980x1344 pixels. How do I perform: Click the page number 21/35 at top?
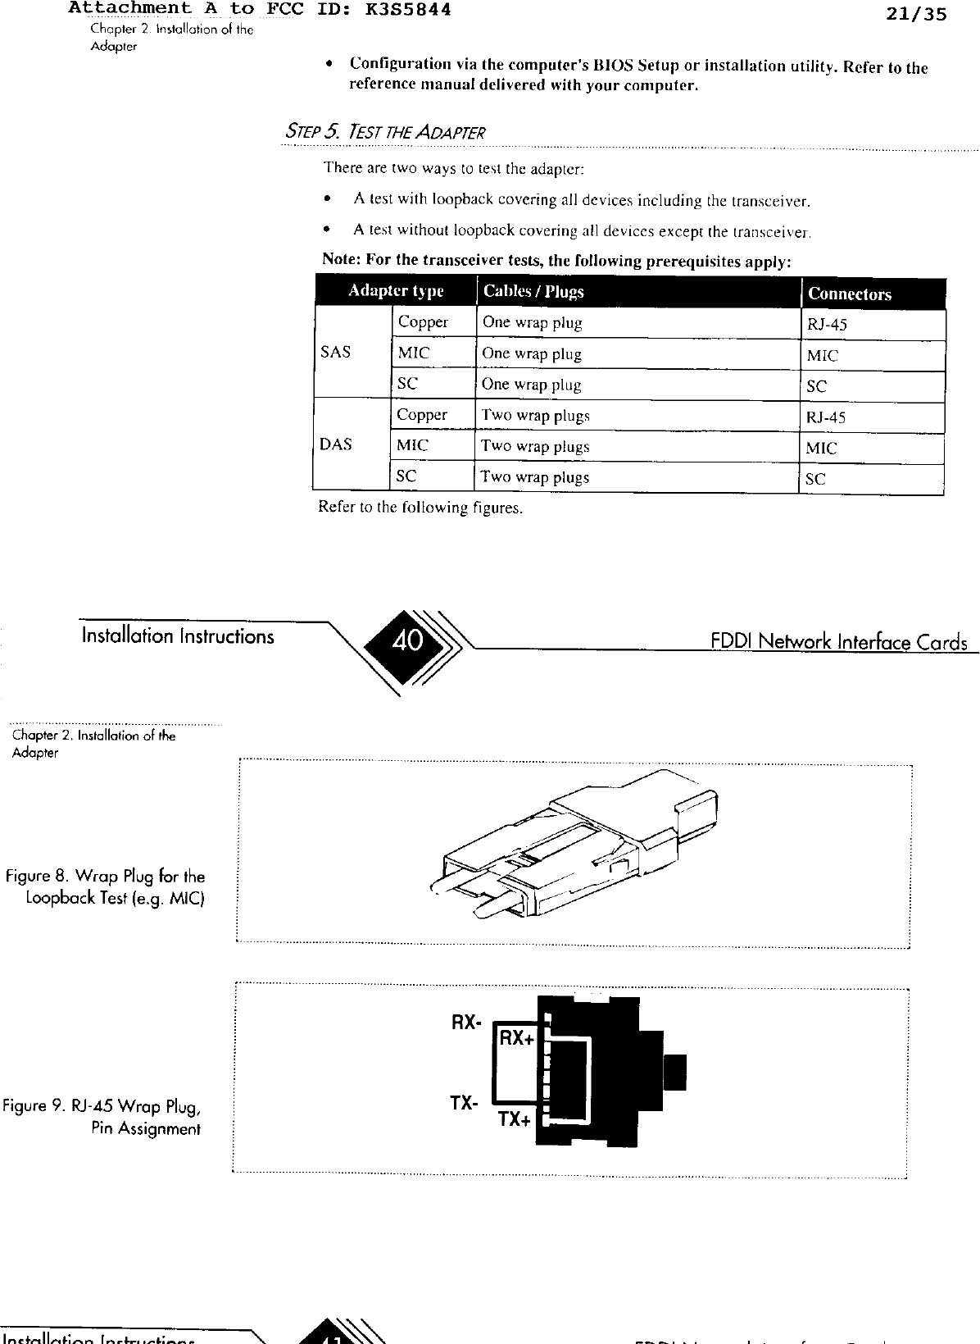point(916,13)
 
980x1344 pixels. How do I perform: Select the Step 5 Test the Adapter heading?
point(384,132)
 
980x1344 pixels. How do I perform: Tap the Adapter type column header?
point(396,291)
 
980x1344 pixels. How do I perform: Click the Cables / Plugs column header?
point(533,291)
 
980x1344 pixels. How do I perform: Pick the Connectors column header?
point(849,294)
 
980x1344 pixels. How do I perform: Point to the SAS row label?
point(336,352)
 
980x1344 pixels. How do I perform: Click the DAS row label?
point(336,444)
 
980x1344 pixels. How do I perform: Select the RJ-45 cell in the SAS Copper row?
point(827,325)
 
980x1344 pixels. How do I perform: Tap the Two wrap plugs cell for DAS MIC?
point(535,446)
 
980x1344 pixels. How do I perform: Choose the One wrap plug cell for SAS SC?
point(531,385)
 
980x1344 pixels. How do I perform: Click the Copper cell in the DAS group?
point(422,415)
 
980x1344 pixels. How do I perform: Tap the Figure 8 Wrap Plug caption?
point(105,887)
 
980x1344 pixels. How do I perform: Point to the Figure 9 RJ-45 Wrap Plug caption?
point(102,1118)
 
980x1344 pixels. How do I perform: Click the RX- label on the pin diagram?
point(465,1023)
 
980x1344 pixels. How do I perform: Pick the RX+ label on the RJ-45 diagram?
point(517,1038)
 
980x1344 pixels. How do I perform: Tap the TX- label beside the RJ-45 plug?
point(464,1103)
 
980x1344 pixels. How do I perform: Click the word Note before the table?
point(339,260)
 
